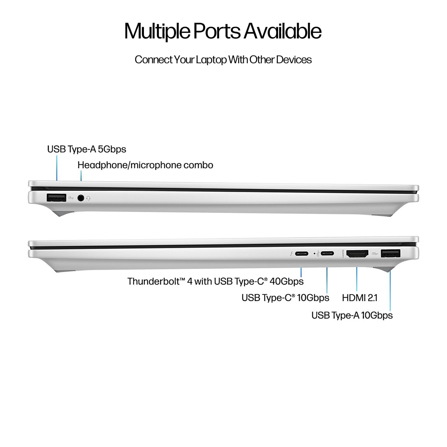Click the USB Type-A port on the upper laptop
(x=56, y=198)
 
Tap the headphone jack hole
(x=80, y=198)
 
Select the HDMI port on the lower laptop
(x=357, y=254)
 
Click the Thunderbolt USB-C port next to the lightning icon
(x=302, y=254)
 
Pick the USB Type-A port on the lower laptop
(x=390, y=254)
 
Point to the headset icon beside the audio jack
(x=88, y=198)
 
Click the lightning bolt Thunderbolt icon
(x=291, y=254)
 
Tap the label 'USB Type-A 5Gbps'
(x=86, y=149)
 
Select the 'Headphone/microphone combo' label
(x=145, y=165)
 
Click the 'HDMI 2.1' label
(x=359, y=298)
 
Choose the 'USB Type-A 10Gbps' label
(x=352, y=315)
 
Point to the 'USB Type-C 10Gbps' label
(x=285, y=298)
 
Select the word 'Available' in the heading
(x=283, y=31)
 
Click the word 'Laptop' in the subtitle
(x=211, y=60)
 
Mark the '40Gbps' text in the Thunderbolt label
(x=286, y=281)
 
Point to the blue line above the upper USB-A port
(x=57, y=168)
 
